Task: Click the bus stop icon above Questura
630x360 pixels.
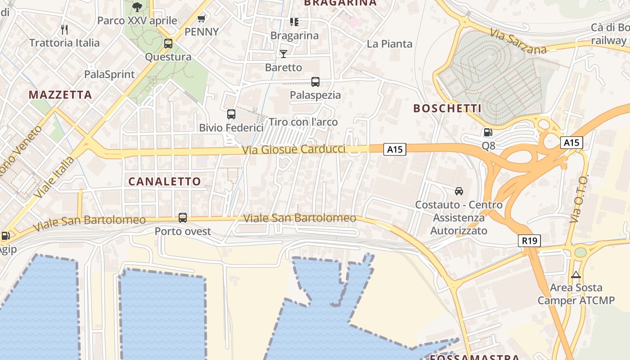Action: (168, 44)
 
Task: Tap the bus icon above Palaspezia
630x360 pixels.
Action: (315, 82)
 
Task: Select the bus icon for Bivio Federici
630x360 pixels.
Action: (231, 114)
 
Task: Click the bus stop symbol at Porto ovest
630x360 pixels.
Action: (183, 218)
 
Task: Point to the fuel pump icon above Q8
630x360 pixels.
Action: (488, 132)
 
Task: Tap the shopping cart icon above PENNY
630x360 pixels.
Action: (202, 19)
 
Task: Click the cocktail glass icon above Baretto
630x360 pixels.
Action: (283, 54)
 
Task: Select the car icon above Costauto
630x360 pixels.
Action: (459, 191)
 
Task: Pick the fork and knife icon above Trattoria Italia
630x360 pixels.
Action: (64, 30)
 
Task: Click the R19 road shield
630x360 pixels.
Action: (530, 241)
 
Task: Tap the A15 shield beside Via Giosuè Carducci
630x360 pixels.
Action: (395, 149)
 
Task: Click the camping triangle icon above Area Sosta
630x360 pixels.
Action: (576, 274)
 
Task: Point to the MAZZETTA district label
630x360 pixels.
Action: (60, 95)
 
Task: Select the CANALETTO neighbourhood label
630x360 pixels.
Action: (165, 181)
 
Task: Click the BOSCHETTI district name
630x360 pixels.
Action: (447, 108)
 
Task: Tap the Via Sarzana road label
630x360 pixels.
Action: (518, 41)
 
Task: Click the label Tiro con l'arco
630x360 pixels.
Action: (303, 122)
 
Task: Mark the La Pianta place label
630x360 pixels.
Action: (390, 44)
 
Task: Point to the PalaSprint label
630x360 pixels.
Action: (109, 74)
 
